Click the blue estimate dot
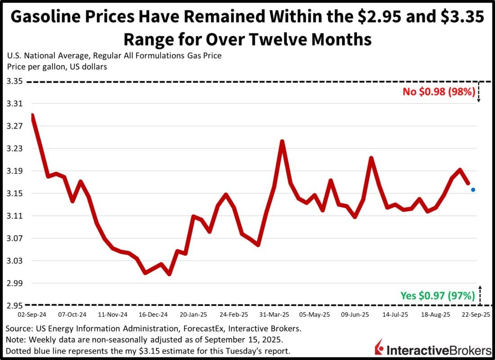[x=473, y=190]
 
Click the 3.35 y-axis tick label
[x=13, y=81]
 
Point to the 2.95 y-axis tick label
[x=13, y=306]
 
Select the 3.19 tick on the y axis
[x=13, y=171]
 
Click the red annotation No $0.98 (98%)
[x=439, y=92]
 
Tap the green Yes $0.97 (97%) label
[x=438, y=296]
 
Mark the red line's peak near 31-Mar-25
[x=282, y=142]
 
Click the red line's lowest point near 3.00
[x=169, y=274]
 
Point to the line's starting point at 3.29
[x=32, y=115]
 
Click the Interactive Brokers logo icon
[x=379, y=348]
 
